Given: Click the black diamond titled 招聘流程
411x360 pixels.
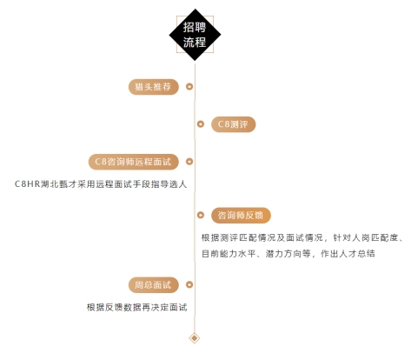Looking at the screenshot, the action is click(x=195, y=35).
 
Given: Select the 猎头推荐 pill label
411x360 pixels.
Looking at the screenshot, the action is click(x=154, y=87).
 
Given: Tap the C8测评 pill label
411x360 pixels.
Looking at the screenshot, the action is click(x=233, y=124).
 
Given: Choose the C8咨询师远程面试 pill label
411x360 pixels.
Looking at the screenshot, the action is click(x=134, y=162).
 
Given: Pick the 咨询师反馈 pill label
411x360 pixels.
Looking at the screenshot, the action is click(x=241, y=216).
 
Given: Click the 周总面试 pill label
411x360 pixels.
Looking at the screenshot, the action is click(x=154, y=285).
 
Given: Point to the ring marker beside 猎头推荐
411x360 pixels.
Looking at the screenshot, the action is click(x=189, y=86).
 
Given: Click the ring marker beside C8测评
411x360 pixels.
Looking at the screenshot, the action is click(x=201, y=124).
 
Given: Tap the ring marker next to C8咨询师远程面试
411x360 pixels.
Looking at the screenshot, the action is click(x=189, y=162).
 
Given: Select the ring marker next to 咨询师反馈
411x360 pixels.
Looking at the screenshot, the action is click(x=201, y=215).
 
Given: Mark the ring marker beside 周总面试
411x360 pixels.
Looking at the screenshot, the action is click(x=189, y=284).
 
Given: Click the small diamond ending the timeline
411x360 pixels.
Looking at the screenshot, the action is click(x=195, y=338).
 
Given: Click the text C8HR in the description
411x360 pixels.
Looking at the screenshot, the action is click(x=27, y=184).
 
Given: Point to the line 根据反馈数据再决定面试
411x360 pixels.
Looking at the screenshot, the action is click(x=137, y=307).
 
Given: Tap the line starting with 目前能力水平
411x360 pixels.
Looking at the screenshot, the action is click(x=288, y=254).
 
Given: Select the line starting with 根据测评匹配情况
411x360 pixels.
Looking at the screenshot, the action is click(x=302, y=238).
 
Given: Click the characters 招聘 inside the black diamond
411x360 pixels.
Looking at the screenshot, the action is click(x=195, y=27).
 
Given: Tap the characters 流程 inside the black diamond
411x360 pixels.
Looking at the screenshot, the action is click(x=195, y=43).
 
